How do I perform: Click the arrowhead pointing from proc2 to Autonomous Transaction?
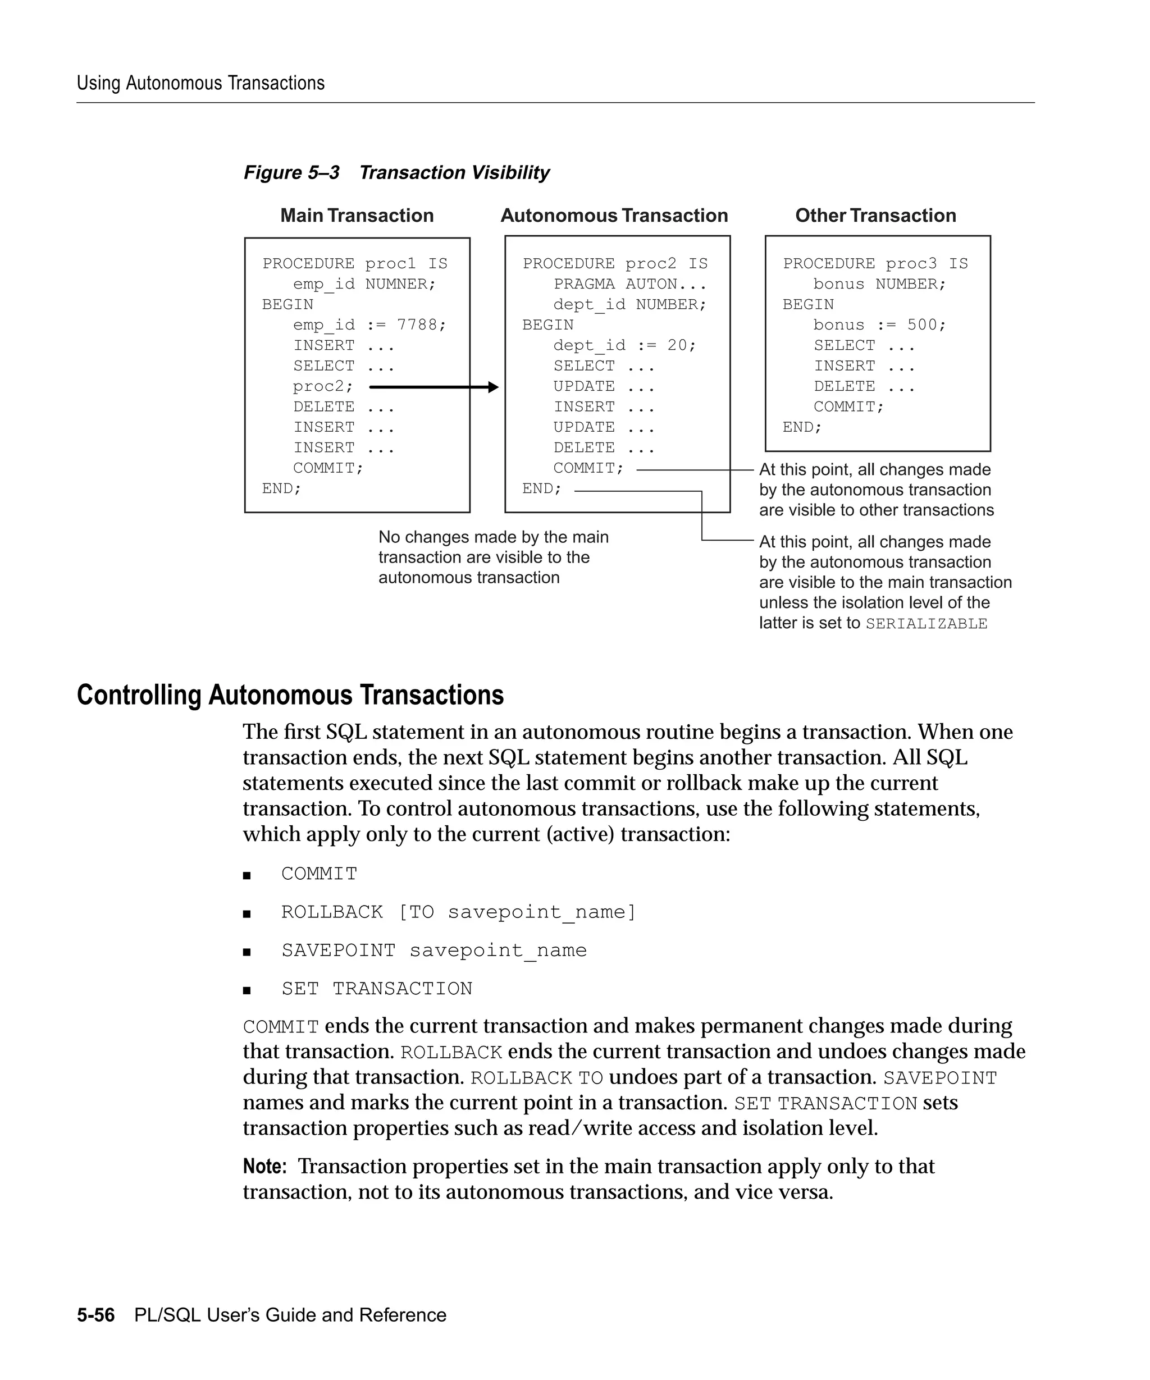[x=494, y=387]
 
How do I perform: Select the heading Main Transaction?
[x=357, y=216]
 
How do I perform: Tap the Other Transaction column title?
[x=875, y=216]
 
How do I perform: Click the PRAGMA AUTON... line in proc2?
[x=629, y=284]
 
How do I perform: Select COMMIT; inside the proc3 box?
[x=848, y=407]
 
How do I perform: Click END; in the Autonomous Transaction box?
[x=541, y=488]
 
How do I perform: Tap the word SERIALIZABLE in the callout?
[x=926, y=624]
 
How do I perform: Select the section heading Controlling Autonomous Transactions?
[x=290, y=695]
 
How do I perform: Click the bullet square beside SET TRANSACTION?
[x=247, y=990]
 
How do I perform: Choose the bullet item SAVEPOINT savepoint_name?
[x=433, y=951]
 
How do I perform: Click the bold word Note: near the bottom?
[x=264, y=1167]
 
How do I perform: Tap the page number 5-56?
[x=95, y=1315]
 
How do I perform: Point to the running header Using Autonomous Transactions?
[x=200, y=84]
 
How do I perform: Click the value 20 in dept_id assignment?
[x=677, y=345]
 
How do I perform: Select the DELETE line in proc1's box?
[x=343, y=407]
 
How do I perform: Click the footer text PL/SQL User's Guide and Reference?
[x=290, y=1315]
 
